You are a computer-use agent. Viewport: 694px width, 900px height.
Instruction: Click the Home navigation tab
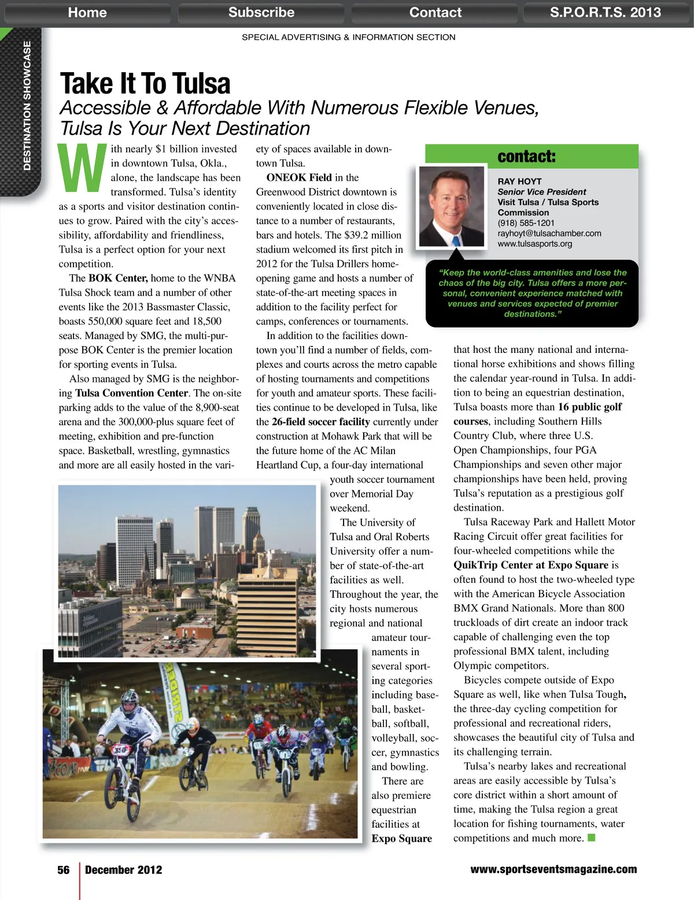[87, 12]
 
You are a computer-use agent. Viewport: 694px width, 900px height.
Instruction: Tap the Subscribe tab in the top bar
[261, 12]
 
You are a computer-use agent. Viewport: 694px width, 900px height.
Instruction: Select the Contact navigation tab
[435, 12]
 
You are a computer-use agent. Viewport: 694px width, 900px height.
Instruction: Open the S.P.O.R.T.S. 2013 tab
[605, 12]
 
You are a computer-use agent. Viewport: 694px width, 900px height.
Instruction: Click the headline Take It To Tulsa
[145, 84]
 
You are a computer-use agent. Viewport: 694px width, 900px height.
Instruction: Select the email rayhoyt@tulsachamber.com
[549, 233]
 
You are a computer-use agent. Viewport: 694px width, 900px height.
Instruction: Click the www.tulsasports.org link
[534, 244]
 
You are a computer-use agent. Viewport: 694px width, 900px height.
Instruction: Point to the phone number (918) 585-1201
[526, 223]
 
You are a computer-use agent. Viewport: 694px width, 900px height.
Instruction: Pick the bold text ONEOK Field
[299, 177]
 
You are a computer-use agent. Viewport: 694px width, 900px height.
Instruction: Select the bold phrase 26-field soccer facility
[320, 422]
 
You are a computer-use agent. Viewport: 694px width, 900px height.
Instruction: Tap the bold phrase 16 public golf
[589, 407]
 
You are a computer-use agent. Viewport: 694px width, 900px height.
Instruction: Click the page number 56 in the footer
[64, 870]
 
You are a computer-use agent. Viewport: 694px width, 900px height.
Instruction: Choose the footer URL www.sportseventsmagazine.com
[553, 869]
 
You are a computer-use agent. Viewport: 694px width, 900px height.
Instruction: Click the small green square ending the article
[591, 838]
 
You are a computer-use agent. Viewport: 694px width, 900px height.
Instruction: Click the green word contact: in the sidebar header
[526, 157]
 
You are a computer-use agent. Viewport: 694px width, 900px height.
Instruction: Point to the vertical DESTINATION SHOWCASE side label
[27, 106]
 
